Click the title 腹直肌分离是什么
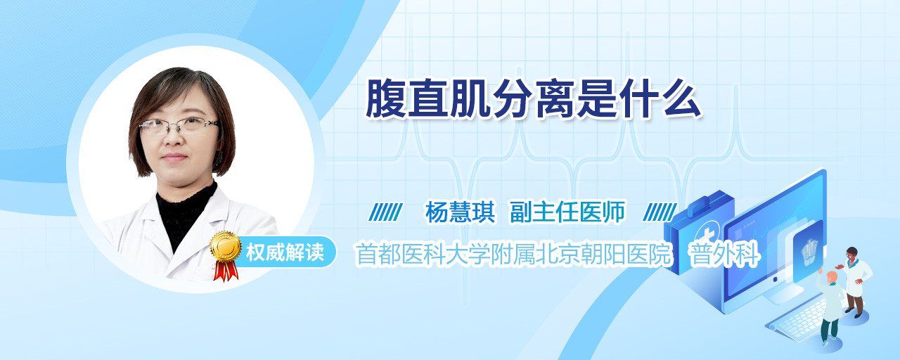534,99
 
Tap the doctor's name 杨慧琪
461,212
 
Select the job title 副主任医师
567,212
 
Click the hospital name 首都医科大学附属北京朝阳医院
514,254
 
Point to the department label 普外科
724,254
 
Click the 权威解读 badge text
285,252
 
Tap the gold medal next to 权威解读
226,246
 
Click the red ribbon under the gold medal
226,271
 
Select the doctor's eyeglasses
179,126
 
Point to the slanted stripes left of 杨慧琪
385,212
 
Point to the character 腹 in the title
385,99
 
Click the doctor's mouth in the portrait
174,157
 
